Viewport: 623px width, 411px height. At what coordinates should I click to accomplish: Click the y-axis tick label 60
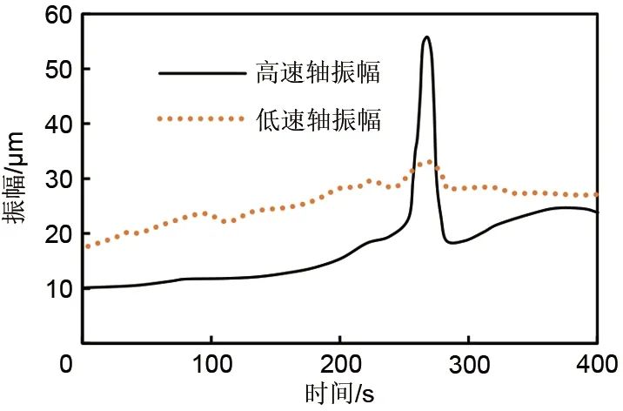pyautogui.click(x=60, y=15)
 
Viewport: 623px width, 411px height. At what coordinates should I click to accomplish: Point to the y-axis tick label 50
pyautogui.click(x=60, y=70)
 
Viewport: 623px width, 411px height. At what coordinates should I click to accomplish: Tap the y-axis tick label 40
pyautogui.click(x=60, y=125)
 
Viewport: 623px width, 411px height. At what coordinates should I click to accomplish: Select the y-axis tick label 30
pyautogui.click(x=60, y=179)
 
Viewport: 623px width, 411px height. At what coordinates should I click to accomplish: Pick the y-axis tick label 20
pyautogui.click(x=60, y=234)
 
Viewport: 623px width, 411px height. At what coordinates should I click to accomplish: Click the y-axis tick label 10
pyautogui.click(x=60, y=289)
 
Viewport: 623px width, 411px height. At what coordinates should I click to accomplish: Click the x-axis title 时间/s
pyautogui.click(x=339, y=394)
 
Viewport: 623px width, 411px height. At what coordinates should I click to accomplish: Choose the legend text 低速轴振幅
pyautogui.click(x=318, y=119)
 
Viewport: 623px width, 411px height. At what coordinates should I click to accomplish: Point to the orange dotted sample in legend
pyautogui.click(x=202, y=119)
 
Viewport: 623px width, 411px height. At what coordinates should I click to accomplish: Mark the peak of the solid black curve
pyautogui.click(x=426, y=37)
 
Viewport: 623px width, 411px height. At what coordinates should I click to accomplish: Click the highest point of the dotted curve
pyautogui.click(x=426, y=162)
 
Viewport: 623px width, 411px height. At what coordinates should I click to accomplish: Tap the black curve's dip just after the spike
pyautogui.click(x=452, y=243)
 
